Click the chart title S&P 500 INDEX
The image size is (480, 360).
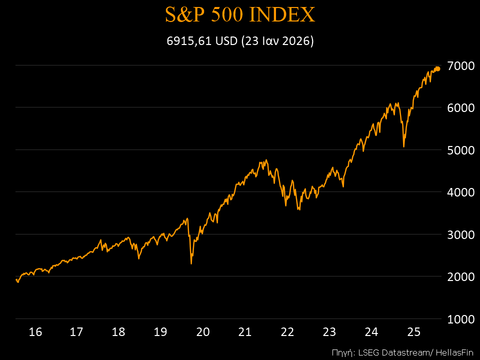coord(240,15)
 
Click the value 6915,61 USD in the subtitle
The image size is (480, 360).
coord(202,41)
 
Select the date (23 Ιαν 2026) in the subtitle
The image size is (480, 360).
coord(277,41)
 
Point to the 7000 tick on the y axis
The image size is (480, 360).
coord(460,66)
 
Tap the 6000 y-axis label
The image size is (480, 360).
coord(460,108)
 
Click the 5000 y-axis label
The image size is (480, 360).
coord(460,150)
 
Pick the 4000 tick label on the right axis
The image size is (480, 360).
coord(460,192)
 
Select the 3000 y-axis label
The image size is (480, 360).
coord(460,234)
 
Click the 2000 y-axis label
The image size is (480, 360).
coord(460,276)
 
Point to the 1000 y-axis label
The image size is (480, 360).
coord(460,319)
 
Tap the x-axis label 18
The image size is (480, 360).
coord(118,331)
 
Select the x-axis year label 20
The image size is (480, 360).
coord(202,331)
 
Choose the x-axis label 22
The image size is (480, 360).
coord(287,331)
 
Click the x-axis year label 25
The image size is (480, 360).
coord(413,331)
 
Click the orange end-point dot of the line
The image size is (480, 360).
coord(437,68)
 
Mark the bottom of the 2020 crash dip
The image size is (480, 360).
coord(191,263)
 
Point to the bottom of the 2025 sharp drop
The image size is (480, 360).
coord(403,146)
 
